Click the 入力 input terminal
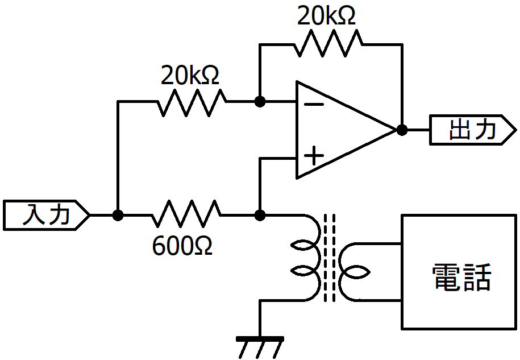pyautogui.click(x=47, y=215)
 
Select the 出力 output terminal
pyautogui.click(x=473, y=130)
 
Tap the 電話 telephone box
pyautogui.click(x=459, y=272)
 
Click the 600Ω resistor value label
pyautogui.click(x=182, y=247)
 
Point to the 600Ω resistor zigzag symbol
pyautogui.click(x=186, y=214)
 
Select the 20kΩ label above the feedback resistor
pyautogui.click(x=326, y=15)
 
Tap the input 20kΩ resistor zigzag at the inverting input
pyautogui.click(x=192, y=102)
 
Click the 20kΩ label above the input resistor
pyautogui.click(x=190, y=75)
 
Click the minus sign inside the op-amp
pyautogui.click(x=313, y=105)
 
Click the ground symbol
pyautogui.click(x=260, y=347)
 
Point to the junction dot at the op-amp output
pyautogui.click(x=402, y=130)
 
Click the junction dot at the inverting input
pyautogui.click(x=260, y=102)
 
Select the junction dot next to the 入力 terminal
pyautogui.click(x=118, y=216)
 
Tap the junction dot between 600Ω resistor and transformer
pyautogui.click(x=260, y=216)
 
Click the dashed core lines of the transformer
pyautogui.click(x=329, y=258)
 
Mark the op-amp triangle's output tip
pyautogui.click(x=397, y=130)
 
